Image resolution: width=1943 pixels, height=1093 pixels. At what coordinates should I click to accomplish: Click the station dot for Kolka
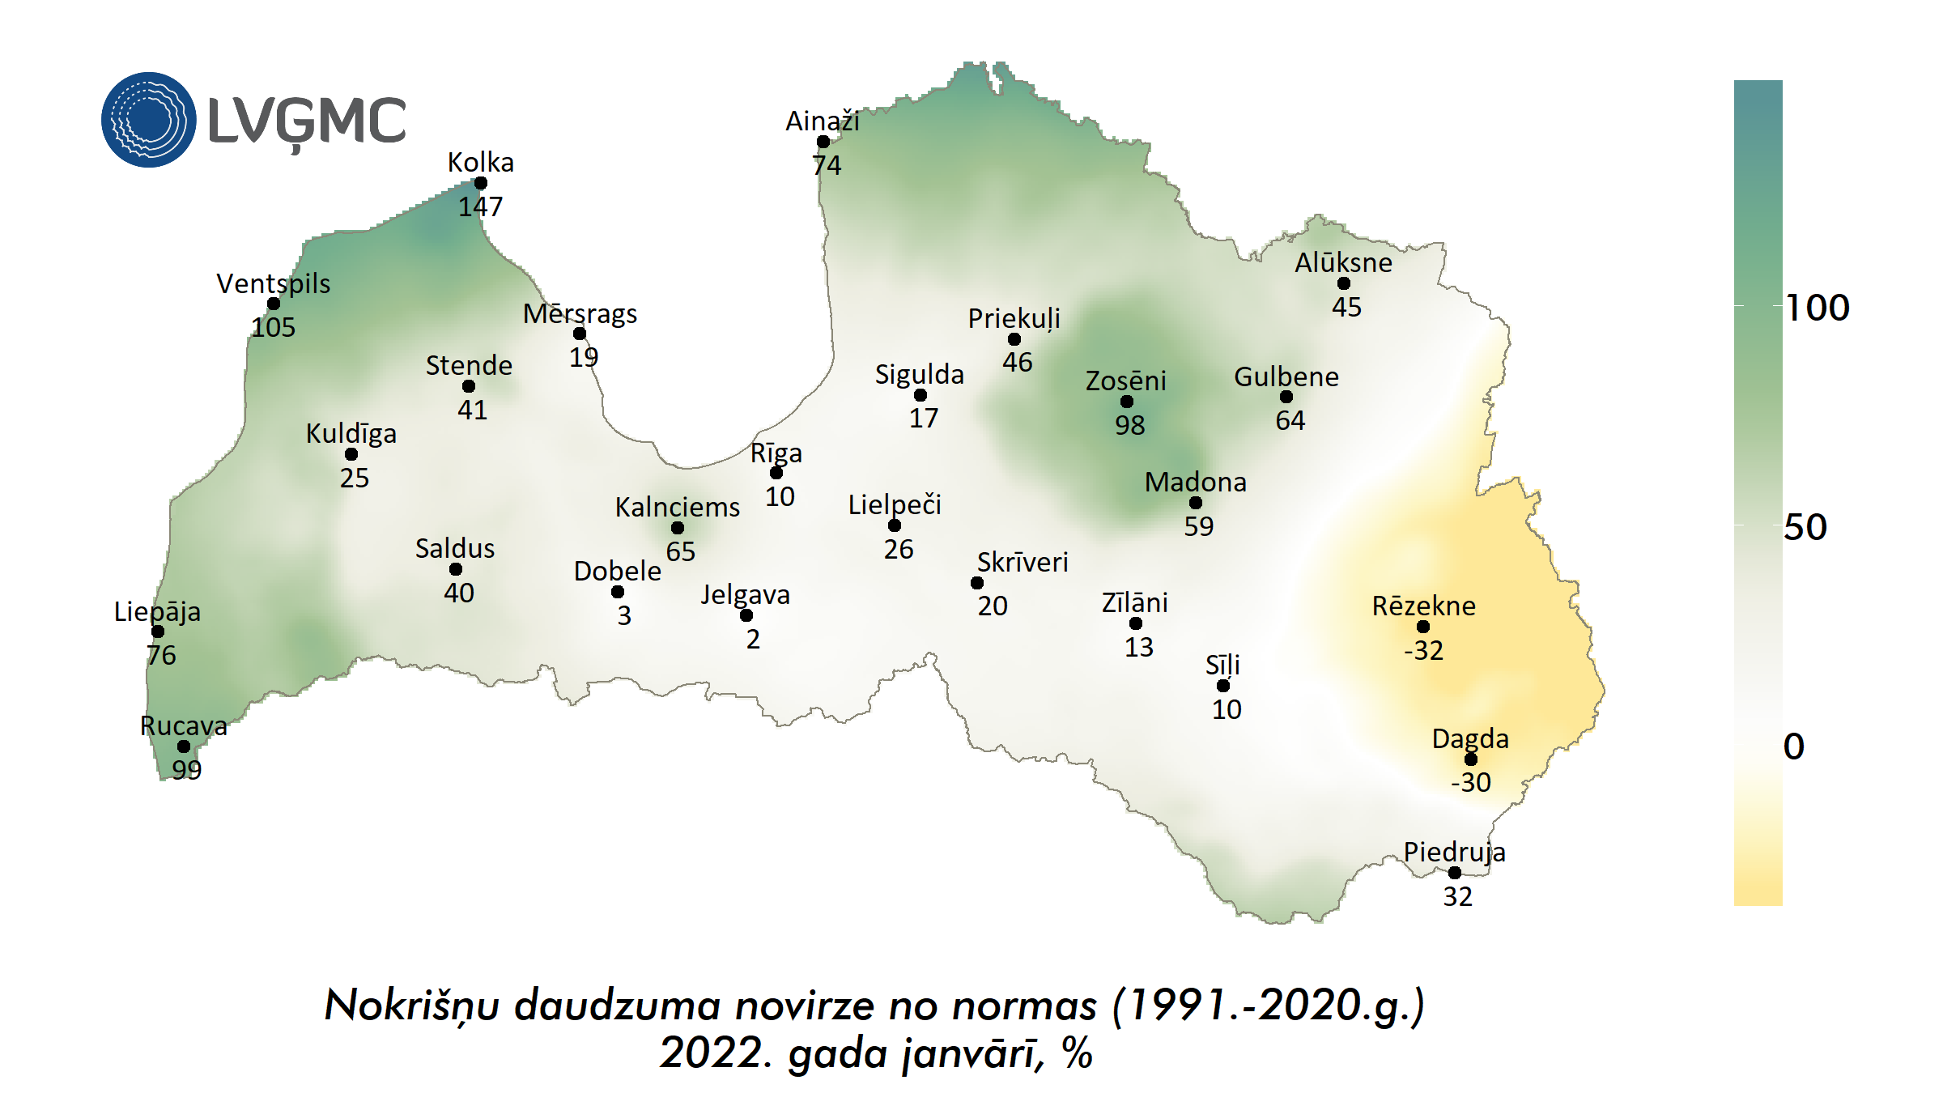tap(481, 183)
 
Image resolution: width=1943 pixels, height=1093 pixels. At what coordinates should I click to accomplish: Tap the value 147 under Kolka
tap(481, 207)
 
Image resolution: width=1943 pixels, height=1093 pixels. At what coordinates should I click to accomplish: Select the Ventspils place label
tap(274, 283)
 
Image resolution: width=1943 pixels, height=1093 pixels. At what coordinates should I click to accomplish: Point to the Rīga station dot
tap(776, 473)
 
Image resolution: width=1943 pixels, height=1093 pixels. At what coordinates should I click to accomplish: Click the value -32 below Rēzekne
tap(1424, 650)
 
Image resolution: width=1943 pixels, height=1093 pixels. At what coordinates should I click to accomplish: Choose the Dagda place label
tap(1470, 738)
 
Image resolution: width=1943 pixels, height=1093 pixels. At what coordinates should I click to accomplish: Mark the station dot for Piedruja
tap(1455, 873)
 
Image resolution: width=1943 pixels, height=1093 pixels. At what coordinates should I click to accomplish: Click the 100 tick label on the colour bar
tap(1818, 308)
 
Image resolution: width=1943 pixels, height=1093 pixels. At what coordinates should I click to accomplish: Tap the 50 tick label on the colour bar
tap(1805, 527)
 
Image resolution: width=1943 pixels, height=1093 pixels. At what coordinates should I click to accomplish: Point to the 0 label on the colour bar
tap(1794, 746)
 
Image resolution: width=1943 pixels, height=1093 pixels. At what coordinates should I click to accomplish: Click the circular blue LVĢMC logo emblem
tap(149, 120)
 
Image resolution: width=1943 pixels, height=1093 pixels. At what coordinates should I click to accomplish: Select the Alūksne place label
tap(1344, 262)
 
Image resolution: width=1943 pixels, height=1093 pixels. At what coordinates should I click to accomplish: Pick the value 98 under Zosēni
tap(1130, 425)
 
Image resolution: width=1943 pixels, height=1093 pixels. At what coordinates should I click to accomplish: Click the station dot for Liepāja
tap(158, 632)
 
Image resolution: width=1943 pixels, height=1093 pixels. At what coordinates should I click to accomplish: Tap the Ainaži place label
tap(823, 121)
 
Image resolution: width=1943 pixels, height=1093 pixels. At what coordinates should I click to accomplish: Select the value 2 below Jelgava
tap(753, 640)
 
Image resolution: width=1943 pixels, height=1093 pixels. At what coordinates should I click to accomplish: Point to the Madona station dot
tap(1196, 503)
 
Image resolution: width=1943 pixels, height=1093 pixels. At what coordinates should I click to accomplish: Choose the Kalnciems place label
tap(678, 507)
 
